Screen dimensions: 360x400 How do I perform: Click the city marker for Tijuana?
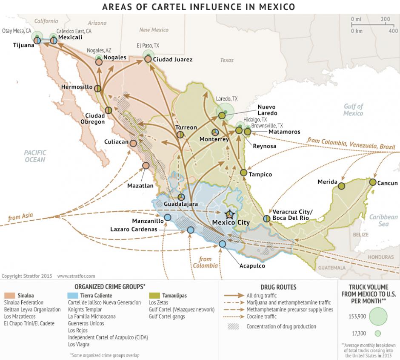(x=37, y=41)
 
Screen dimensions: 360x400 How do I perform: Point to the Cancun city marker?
(x=373, y=182)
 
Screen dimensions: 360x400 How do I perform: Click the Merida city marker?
(x=341, y=186)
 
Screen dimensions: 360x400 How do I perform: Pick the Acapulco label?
(x=252, y=266)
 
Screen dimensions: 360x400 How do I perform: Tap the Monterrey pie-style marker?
(x=215, y=132)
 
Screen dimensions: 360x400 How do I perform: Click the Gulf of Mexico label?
(x=354, y=110)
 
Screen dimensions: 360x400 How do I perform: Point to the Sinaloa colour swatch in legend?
(x=10, y=295)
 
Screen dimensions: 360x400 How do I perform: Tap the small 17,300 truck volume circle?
(x=377, y=334)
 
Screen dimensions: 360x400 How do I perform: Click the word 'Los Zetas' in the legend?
(x=158, y=302)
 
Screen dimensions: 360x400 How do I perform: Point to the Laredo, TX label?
(x=226, y=99)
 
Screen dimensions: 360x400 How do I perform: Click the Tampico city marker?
(x=243, y=173)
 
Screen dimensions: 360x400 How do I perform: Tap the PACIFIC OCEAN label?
(x=34, y=156)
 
